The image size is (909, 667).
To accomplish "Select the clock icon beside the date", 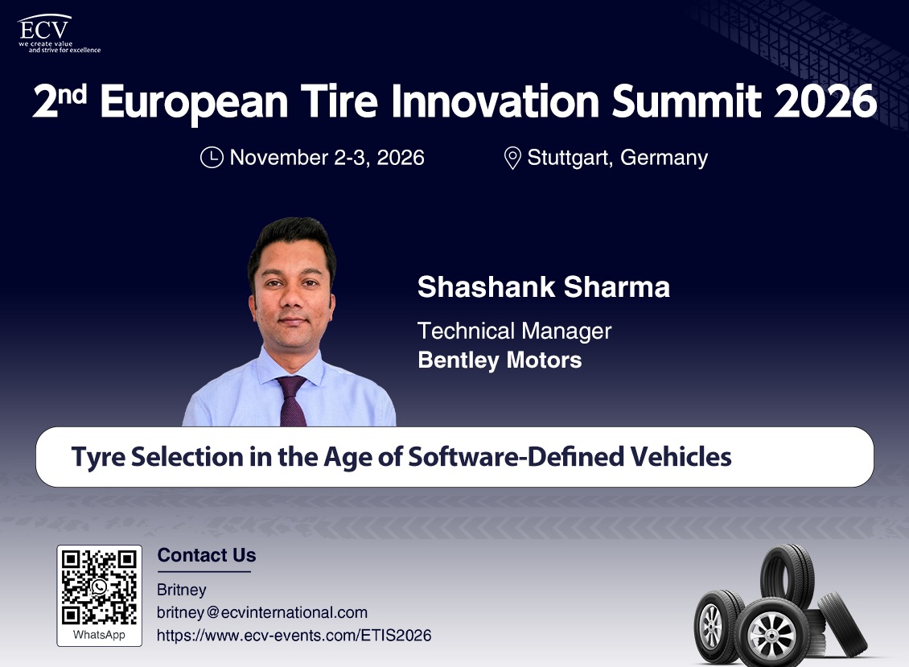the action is coord(212,157).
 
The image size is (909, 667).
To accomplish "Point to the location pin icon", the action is coord(512,158).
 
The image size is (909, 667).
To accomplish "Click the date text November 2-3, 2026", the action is coord(327,157).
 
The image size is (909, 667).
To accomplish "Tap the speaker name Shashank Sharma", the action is coord(544,286).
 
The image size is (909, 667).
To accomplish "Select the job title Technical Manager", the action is coord(514,331).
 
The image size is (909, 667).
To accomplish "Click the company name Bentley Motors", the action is coord(500,360).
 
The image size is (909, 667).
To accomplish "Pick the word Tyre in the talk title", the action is coord(98,458).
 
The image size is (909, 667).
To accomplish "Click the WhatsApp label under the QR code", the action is coord(99,635).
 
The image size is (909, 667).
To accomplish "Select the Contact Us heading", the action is coord(207,555).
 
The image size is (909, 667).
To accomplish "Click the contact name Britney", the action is coord(182,590).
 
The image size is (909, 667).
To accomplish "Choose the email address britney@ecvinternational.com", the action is coord(262,612).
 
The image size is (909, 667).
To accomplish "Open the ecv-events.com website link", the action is coord(294,636).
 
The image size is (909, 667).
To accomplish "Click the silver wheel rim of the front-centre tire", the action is coord(771,634).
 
